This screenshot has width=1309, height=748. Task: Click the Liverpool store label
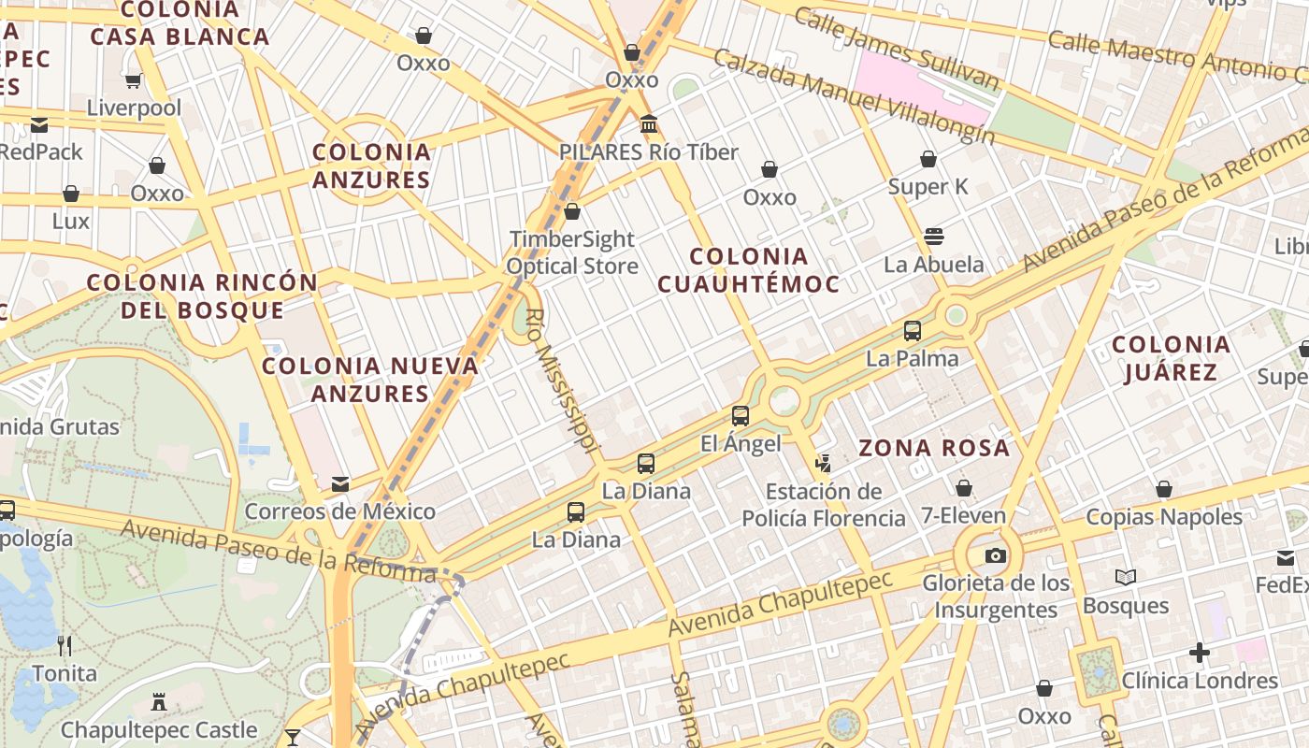(x=134, y=108)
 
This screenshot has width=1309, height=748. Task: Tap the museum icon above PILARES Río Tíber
(x=648, y=123)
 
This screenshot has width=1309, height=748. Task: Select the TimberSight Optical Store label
(x=572, y=252)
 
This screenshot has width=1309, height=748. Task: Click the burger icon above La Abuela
(x=933, y=236)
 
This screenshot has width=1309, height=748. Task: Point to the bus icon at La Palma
(x=912, y=330)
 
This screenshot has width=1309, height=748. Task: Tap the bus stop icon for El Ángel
(x=740, y=415)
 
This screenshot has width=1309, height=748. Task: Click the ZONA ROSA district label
(x=934, y=448)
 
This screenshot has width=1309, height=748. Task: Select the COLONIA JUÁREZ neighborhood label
(x=1171, y=359)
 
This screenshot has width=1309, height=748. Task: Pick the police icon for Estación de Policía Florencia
(x=823, y=462)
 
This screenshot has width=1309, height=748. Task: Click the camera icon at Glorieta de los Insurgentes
(x=995, y=555)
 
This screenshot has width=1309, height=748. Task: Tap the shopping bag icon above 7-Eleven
(x=963, y=487)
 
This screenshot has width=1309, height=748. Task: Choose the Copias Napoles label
(x=1163, y=516)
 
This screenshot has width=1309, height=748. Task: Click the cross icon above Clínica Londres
(x=1200, y=652)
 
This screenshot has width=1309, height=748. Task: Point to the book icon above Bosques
(x=1126, y=577)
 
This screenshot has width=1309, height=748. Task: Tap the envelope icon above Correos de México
(x=339, y=483)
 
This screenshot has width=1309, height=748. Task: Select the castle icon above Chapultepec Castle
(x=158, y=701)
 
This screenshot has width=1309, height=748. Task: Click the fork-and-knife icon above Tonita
(x=65, y=645)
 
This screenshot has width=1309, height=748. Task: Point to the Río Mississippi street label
(x=561, y=383)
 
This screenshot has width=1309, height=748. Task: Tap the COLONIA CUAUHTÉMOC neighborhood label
(x=748, y=269)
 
